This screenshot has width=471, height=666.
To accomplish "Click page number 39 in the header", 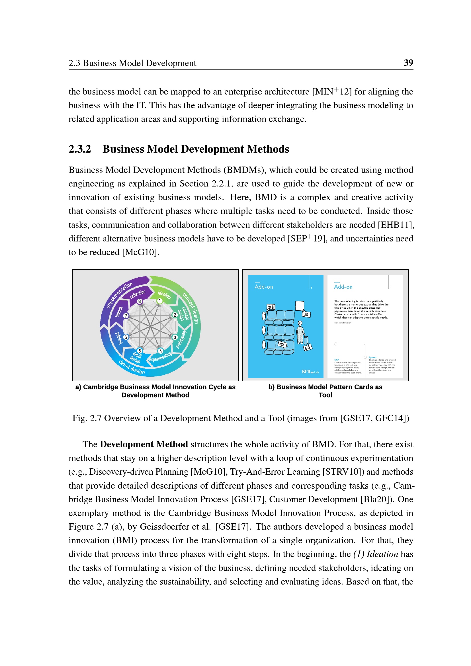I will pos(408,63).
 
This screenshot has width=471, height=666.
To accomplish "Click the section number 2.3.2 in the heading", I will pos(80,149).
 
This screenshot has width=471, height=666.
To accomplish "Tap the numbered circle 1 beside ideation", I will pos(159,301).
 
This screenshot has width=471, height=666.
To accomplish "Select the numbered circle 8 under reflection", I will pos(140,301).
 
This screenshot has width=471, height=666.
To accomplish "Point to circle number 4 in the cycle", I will pos(160,351).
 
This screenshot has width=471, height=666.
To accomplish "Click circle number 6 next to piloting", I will pos(126,337).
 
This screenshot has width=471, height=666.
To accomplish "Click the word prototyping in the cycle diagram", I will pos(181,339).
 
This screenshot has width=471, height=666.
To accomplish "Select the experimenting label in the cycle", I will pos(160,357).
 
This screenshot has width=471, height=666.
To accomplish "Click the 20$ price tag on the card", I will pos(271,307).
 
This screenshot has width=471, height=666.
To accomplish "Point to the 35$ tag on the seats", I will pos(282,344).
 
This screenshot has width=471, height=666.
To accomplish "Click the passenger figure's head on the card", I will pos(300,323).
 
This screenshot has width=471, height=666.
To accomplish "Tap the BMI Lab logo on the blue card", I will pos(310,372).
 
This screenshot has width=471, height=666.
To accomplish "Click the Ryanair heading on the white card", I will pos(372,357).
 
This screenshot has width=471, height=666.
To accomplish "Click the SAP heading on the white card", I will pos(336,360).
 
